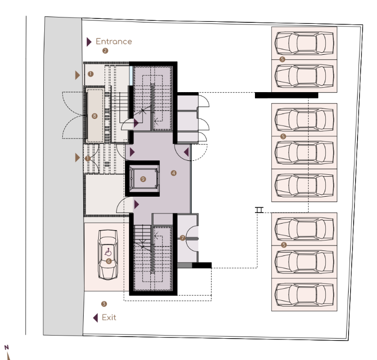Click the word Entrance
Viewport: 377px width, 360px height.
click(x=114, y=41)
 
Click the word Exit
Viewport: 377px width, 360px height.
click(x=109, y=318)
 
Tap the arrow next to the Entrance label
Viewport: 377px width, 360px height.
click(x=89, y=42)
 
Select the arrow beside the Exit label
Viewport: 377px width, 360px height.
click(x=96, y=318)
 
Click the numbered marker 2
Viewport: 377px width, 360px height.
click(x=105, y=51)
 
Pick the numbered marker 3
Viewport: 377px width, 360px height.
click(x=104, y=304)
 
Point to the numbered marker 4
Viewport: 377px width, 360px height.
click(x=173, y=173)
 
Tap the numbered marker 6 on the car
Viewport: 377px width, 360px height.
click(x=109, y=261)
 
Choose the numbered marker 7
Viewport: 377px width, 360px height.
click(x=182, y=238)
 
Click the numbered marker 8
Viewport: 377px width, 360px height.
click(x=95, y=116)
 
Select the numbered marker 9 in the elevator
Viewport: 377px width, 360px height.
click(x=143, y=179)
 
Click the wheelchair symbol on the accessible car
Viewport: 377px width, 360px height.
click(x=108, y=252)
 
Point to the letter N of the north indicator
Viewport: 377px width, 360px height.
click(x=6, y=347)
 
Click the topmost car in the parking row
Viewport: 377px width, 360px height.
click(x=304, y=43)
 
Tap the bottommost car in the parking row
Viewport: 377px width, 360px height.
click(x=304, y=295)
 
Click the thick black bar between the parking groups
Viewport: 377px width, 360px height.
click(x=286, y=95)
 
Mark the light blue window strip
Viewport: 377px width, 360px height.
click(x=131, y=76)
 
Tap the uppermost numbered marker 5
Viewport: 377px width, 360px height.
click(x=282, y=59)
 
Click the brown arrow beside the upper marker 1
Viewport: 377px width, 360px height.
click(x=77, y=75)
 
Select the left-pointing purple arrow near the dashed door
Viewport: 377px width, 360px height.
click(x=186, y=152)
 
